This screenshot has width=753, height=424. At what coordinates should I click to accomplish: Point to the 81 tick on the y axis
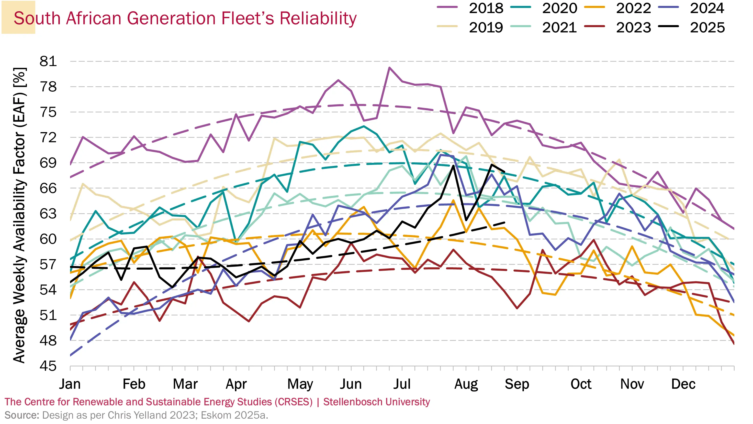click(x=48, y=61)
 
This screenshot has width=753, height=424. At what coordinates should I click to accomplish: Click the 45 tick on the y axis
click(x=48, y=366)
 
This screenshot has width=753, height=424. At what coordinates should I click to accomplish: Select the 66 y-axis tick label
click(x=48, y=188)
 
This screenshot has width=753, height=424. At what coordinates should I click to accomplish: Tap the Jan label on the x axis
click(x=70, y=384)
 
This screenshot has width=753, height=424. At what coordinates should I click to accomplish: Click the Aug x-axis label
click(x=466, y=384)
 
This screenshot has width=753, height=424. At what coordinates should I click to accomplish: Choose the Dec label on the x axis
click(x=683, y=384)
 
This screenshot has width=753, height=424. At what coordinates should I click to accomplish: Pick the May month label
click(x=300, y=384)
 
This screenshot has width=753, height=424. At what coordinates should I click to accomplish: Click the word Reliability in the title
click(x=318, y=18)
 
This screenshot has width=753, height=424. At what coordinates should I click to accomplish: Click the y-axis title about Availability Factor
click(x=20, y=215)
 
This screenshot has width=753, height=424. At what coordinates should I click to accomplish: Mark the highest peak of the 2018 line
click(x=389, y=68)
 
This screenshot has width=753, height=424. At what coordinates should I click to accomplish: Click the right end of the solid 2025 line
click(x=504, y=172)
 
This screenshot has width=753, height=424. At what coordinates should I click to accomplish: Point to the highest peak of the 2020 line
click(x=364, y=126)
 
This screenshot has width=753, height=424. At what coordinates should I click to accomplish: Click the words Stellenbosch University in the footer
click(x=376, y=402)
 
